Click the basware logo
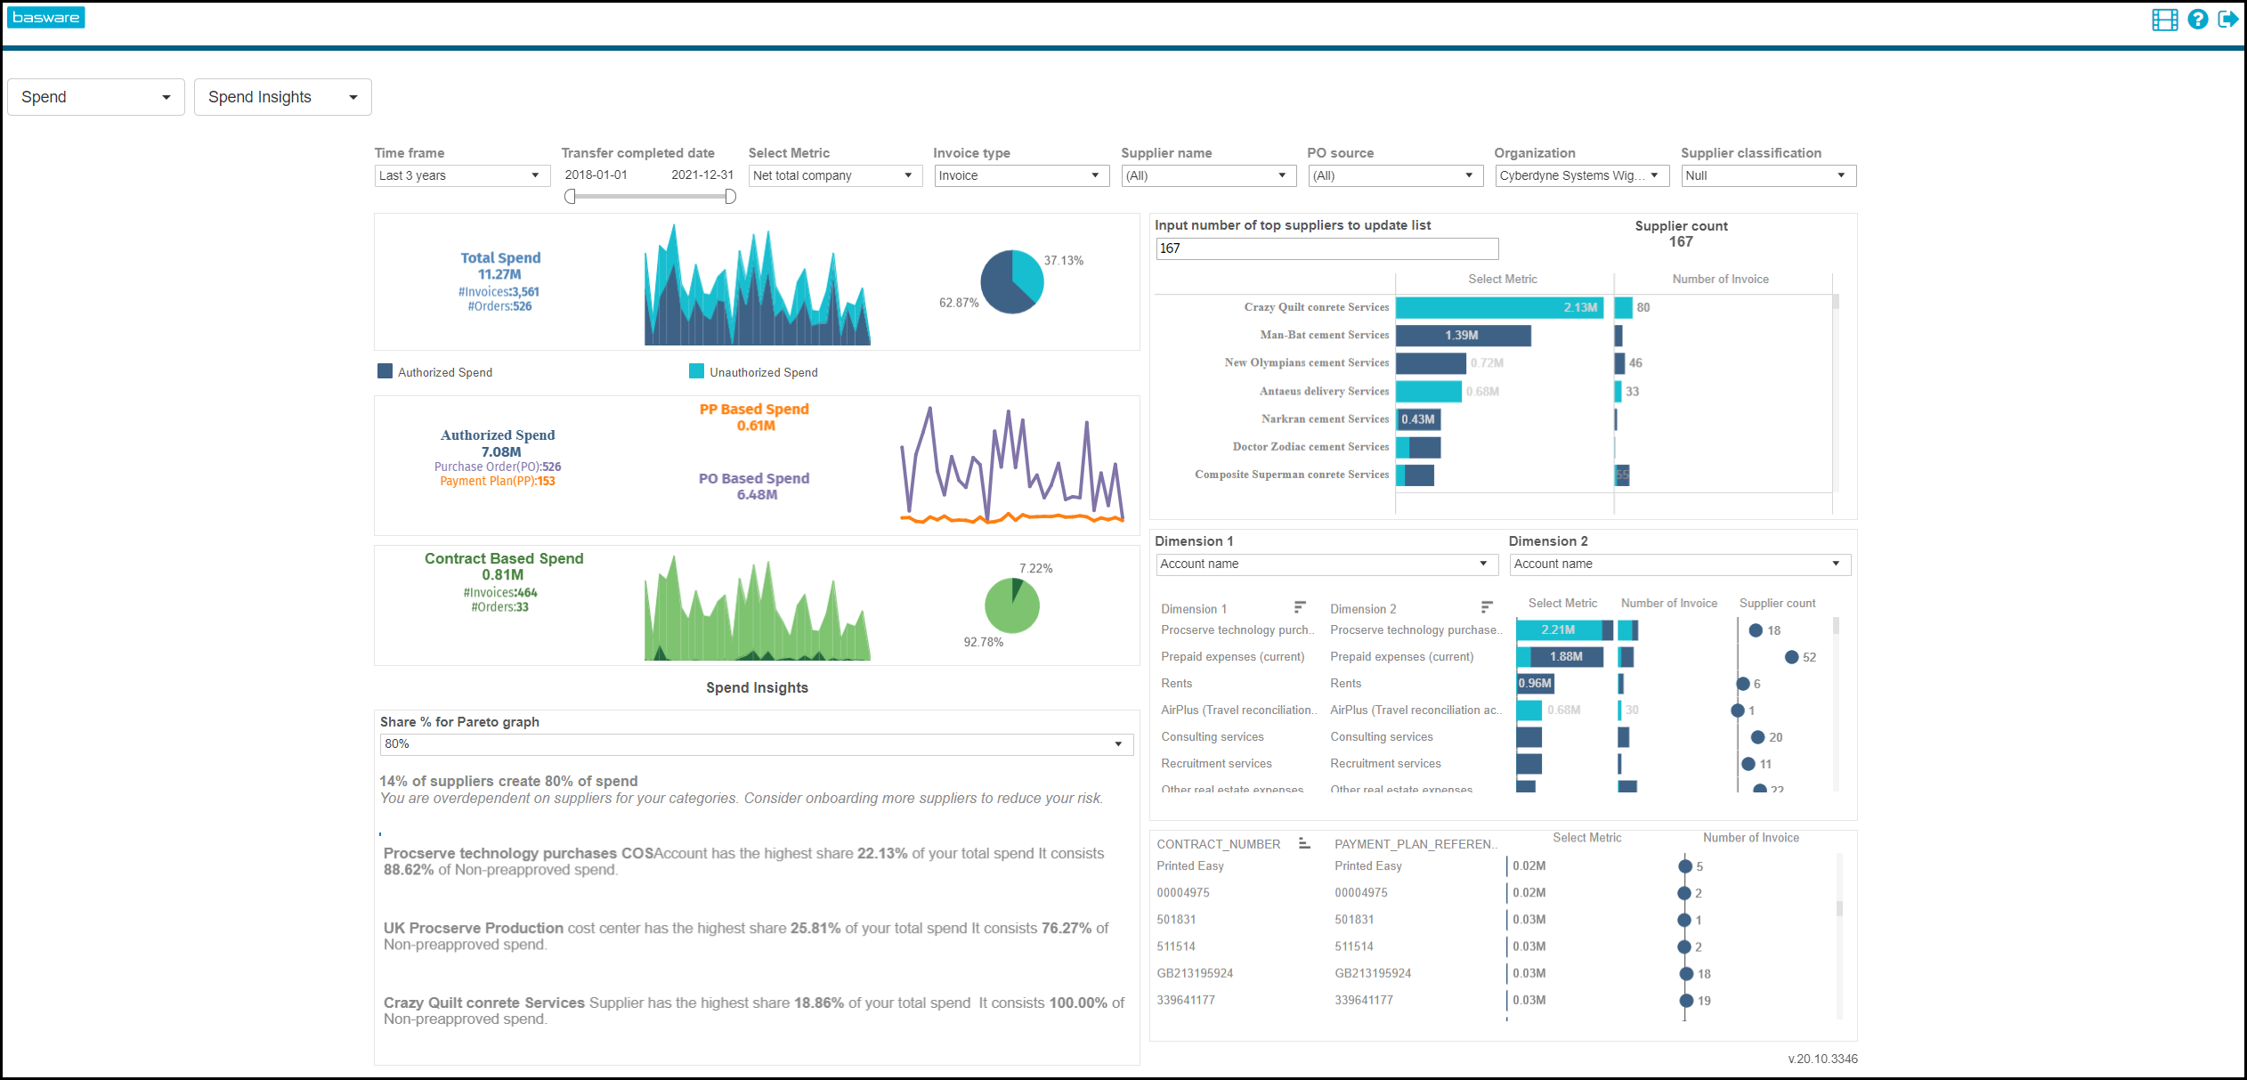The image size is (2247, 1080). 45,18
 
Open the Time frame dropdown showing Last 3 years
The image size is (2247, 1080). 459,175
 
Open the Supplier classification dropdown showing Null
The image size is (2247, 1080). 1767,175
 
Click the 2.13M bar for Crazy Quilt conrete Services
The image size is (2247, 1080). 1498,308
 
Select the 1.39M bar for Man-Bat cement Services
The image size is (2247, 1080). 1463,336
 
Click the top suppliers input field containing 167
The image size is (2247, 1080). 1326,248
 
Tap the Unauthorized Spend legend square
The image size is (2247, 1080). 696,371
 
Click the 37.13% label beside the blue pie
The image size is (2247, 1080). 1063,261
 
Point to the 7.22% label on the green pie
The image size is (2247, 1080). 1035,568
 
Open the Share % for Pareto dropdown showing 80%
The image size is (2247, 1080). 756,744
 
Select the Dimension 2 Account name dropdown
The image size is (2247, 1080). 1679,564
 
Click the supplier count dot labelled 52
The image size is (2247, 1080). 1791,657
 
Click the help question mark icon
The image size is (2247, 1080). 2197,20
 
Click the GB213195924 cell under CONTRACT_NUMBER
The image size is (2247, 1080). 1195,973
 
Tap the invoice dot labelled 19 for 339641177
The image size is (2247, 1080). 1686,1001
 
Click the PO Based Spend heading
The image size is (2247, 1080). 753,478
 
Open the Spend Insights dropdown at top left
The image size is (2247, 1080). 282,97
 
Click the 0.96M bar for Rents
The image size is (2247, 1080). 1535,684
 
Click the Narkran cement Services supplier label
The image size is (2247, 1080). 1324,419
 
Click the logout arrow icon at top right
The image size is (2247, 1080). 2227,20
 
